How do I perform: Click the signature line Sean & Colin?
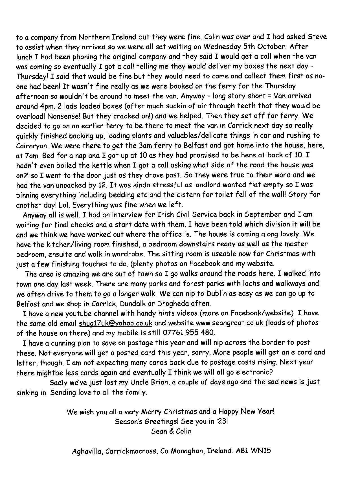171,431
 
